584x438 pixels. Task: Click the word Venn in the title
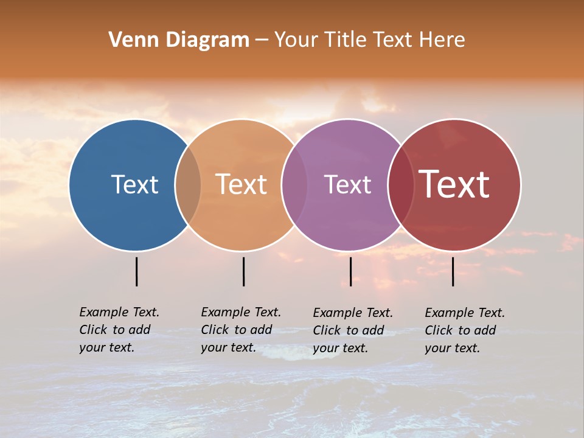click(127, 40)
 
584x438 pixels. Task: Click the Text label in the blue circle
click(134, 184)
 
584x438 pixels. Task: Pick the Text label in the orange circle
click(241, 184)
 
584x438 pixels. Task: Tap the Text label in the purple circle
click(347, 184)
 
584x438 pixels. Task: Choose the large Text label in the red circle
click(454, 184)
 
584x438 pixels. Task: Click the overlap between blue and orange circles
click(188, 185)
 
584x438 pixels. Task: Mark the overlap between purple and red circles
click(400, 185)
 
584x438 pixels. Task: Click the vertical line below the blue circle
click(137, 271)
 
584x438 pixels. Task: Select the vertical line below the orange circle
click(243, 271)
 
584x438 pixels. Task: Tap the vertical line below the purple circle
click(350, 271)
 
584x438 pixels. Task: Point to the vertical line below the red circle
click(453, 271)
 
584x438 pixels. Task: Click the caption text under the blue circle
click(119, 330)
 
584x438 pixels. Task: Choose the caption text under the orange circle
click(241, 330)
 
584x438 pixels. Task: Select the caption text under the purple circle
click(353, 330)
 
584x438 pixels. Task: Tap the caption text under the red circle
click(465, 330)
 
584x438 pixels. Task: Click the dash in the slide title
click(261, 41)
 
